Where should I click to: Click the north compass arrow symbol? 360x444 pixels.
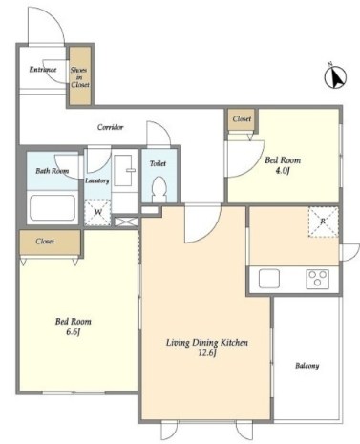[335, 76]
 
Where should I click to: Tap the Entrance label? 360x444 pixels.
[43, 70]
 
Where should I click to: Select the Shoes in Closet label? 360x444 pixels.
[80, 77]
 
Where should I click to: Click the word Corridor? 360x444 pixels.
[110, 127]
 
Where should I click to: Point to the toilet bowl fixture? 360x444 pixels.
[159, 189]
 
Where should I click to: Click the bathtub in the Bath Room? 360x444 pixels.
[53, 208]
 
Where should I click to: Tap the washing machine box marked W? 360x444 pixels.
[97, 212]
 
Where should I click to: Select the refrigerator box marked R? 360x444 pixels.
[323, 222]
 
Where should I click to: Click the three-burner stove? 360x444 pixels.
[317, 279]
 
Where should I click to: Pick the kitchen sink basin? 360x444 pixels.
[269, 279]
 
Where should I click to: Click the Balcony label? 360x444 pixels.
[307, 366]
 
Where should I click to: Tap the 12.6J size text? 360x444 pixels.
[207, 353]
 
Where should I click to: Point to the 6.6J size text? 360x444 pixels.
[73, 332]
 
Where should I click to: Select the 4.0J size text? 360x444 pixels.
[283, 171]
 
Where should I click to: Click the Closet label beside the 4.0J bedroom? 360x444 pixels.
[242, 119]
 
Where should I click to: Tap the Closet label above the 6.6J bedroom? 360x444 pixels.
[45, 242]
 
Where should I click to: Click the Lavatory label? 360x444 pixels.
[97, 180]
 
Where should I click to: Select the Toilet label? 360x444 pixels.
[158, 163]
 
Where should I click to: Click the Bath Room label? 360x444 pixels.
[52, 171]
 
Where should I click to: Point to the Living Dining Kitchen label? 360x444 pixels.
[207, 343]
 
